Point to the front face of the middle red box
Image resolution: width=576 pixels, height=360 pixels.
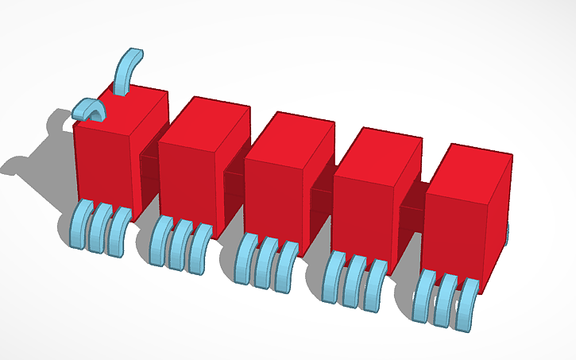point(273,195)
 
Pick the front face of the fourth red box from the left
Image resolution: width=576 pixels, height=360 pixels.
point(361,211)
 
